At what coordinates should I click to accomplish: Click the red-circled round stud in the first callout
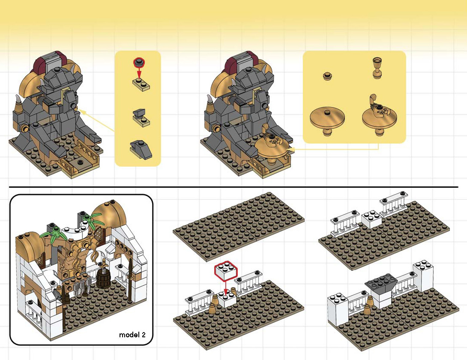point(138,63)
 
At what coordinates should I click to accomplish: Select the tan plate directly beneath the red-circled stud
point(141,84)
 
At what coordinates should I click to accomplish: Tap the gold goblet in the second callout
point(377,68)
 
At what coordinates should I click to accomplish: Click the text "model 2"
point(132,335)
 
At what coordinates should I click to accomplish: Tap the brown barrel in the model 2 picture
point(103,278)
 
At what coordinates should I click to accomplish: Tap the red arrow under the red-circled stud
point(139,73)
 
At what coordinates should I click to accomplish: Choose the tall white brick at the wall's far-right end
point(423,276)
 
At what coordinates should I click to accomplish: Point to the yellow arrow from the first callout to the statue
point(97,121)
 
